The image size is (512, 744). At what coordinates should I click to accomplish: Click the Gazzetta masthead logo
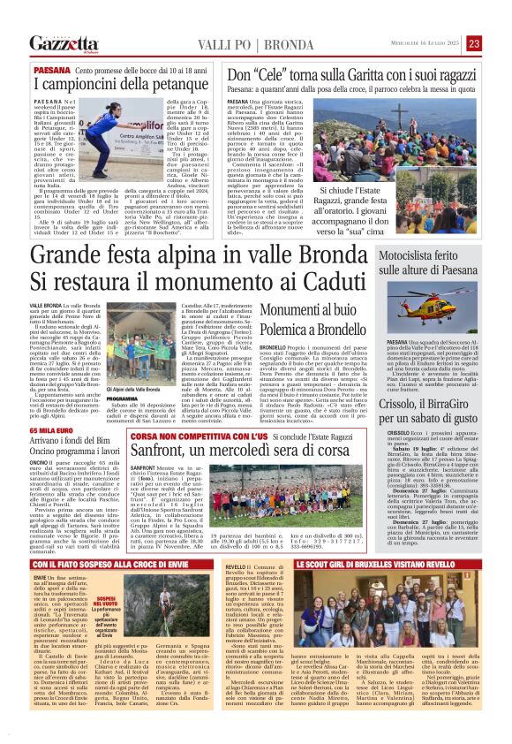point(63,43)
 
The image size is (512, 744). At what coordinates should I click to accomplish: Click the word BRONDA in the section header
point(269,43)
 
